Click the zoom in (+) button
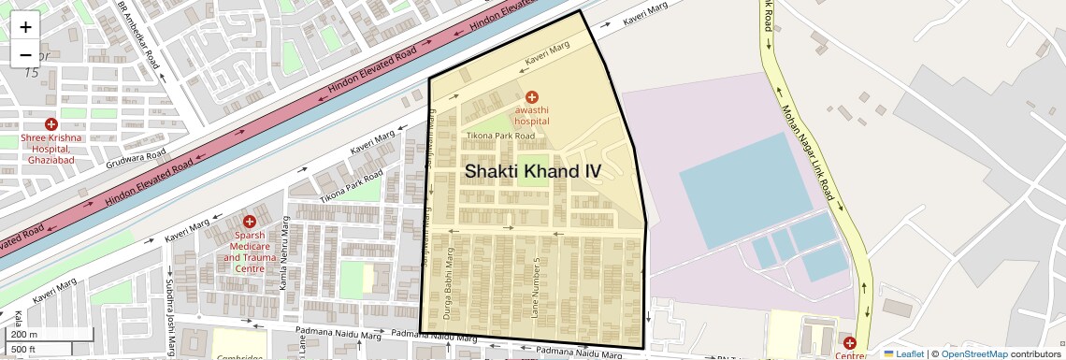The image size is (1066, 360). [25, 27]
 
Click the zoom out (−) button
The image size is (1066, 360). [25, 54]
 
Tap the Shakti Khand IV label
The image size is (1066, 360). [532, 171]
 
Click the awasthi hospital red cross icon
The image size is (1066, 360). [531, 96]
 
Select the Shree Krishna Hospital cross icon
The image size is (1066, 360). [51, 123]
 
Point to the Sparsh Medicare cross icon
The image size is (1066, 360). [249, 222]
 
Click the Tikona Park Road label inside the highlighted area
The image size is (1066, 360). [500, 137]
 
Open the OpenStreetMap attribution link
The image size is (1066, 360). [974, 353]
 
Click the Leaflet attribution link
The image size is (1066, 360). [903, 353]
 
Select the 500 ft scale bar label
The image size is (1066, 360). [24, 349]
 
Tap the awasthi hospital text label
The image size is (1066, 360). [531, 115]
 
